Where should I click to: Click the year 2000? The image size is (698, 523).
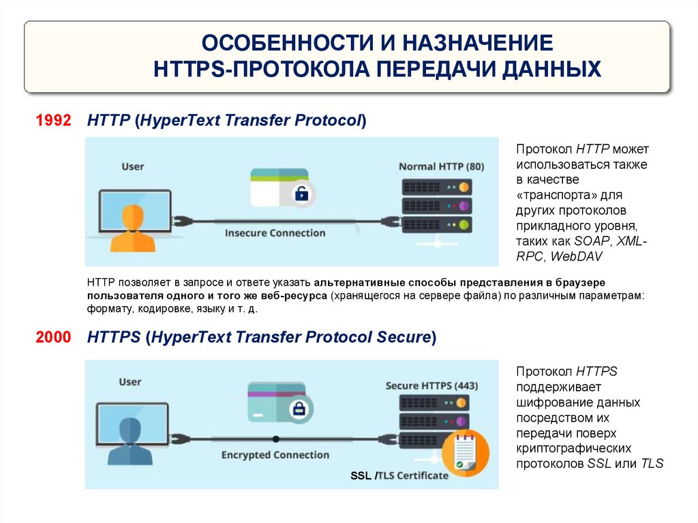pos(53,338)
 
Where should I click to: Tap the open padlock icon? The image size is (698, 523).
pos(301,194)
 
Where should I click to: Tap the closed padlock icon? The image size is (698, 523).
pos(298,409)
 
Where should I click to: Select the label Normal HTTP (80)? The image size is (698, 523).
pos(441,166)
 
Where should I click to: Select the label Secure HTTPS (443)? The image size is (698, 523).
pos(431,386)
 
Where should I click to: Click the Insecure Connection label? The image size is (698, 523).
pos(275,233)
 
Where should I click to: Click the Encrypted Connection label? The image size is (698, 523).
pos(275,455)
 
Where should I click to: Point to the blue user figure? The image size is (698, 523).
pos(130,436)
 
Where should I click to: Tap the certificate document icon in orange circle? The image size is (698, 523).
pos(466,453)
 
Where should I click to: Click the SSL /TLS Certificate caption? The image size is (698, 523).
pos(399,475)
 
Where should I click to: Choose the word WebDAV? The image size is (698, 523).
pos(575,256)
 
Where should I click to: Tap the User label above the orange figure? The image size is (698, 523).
pos(133,166)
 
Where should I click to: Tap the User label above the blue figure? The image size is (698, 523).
pos(130,382)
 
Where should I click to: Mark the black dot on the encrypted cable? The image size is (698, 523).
pos(275,439)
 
